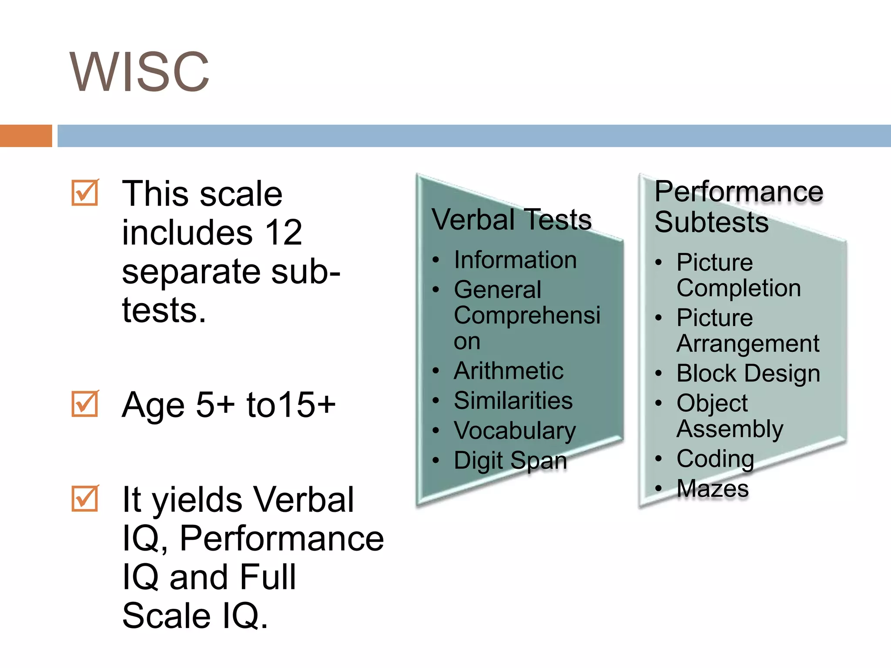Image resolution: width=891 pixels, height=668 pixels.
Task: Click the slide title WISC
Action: click(139, 72)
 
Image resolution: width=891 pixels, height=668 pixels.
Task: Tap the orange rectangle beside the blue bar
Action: click(26, 136)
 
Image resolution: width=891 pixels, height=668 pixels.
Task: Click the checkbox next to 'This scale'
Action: click(85, 193)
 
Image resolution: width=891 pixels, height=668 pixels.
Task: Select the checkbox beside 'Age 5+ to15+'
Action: click(85, 404)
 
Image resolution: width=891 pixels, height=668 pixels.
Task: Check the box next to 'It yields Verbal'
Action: click(85, 498)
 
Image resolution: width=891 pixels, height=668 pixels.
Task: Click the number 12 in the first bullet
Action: click(283, 233)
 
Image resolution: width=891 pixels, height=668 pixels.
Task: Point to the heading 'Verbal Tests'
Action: click(511, 220)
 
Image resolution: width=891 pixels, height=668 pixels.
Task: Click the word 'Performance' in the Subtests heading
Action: click(738, 192)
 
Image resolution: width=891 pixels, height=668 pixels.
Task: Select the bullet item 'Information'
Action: click(515, 260)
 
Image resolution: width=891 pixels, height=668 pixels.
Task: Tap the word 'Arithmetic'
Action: click(508, 371)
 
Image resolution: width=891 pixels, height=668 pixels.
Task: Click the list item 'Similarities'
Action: click(513, 401)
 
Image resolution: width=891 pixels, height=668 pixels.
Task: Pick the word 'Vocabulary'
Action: click(515, 431)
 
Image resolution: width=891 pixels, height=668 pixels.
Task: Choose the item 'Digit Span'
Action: click(510, 460)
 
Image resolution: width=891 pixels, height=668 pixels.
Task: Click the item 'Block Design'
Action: click(748, 373)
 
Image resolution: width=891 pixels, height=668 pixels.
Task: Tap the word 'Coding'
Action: click(715, 458)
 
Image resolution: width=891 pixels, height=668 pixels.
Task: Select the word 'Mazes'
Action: click(713, 488)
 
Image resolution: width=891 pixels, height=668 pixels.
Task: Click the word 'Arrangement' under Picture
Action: click(748, 344)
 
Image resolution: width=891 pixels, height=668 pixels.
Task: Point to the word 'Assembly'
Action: click(730, 429)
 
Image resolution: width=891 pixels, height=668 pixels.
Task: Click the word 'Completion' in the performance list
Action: click(738, 288)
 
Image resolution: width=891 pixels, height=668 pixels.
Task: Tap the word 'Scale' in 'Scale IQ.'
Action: click(166, 616)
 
